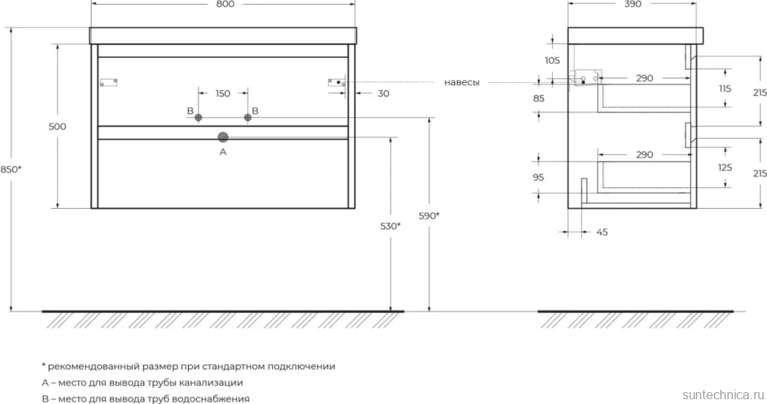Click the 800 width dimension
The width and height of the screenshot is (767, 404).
[x=225, y=4]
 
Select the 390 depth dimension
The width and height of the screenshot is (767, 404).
[x=633, y=4]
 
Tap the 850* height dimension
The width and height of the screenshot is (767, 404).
[x=11, y=169]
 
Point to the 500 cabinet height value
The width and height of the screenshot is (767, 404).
[x=57, y=126]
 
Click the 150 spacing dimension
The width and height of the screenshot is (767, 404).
[x=222, y=93]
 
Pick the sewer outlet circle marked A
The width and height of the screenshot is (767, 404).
[x=223, y=138]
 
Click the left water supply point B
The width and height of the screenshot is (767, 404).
[x=198, y=117]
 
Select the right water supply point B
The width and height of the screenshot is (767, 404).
[x=247, y=117]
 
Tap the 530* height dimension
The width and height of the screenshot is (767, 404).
[x=391, y=226]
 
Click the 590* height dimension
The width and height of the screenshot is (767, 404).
[x=429, y=216]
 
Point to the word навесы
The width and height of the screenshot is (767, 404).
[x=462, y=83]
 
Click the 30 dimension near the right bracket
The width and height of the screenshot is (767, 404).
[x=383, y=93]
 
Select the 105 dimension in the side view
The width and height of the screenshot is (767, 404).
[x=552, y=61]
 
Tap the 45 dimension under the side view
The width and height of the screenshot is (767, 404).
[x=603, y=232]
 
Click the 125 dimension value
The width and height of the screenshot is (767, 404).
[x=725, y=168]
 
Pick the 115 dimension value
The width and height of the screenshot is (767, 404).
[x=725, y=89]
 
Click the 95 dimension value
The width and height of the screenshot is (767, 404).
[x=538, y=178]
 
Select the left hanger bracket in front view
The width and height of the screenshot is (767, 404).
[x=108, y=83]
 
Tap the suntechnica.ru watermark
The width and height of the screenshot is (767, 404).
[x=724, y=395]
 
